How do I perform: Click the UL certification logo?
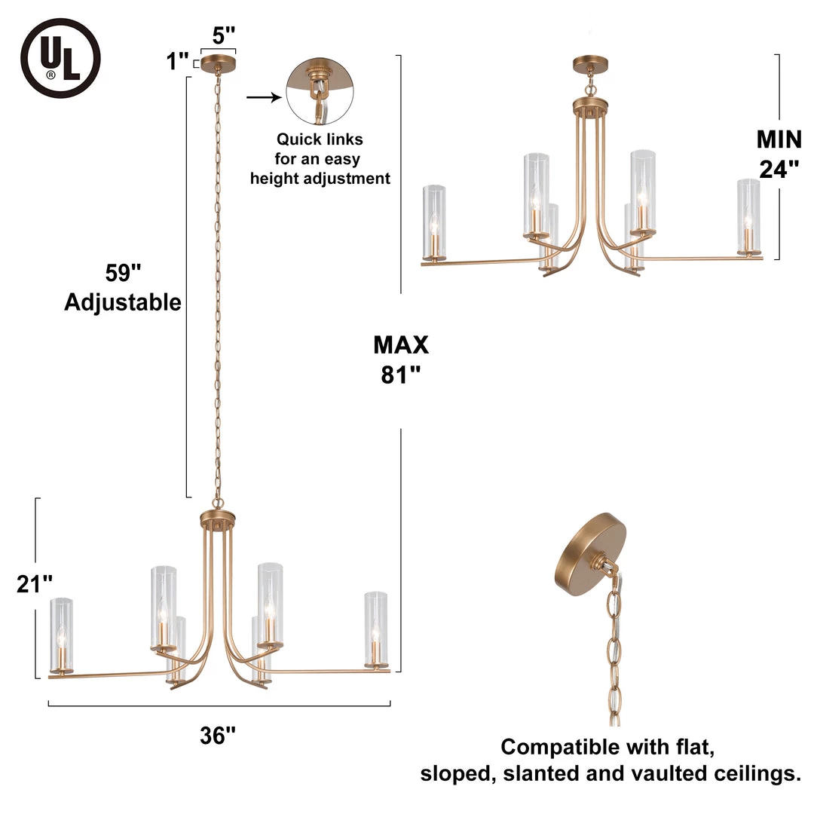[x=60, y=58]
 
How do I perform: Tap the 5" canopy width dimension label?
[x=224, y=35]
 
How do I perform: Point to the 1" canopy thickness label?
[x=178, y=61]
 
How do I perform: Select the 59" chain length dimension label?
[x=123, y=272]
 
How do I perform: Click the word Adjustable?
[x=123, y=302]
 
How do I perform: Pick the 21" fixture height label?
[x=35, y=584]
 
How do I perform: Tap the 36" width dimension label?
[x=219, y=735]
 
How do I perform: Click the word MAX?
[x=401, y=344]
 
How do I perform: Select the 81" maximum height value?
[x=401, y=375]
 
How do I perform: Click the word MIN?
[x=779, y=139]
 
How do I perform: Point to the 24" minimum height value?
[x=779, y=169]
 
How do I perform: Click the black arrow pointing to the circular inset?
[x=262, y=97]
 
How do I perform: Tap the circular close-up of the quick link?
[x=320, y=91]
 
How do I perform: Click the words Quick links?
[x=320, y=139]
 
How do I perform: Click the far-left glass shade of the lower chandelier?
[x=61, y=633]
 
